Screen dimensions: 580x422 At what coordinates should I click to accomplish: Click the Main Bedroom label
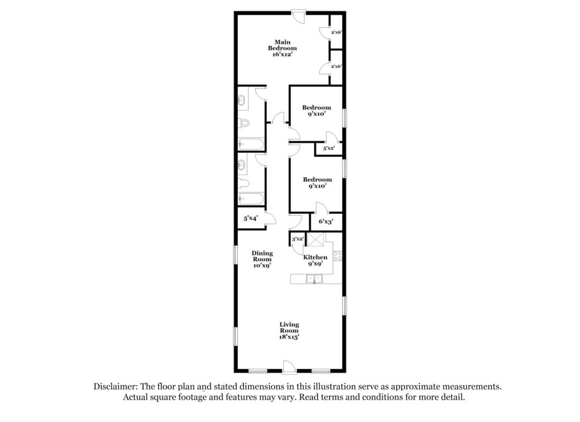click(x=282, y=45)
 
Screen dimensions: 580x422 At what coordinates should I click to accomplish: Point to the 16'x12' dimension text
click(x=282, y=54)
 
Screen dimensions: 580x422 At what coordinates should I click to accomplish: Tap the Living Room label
click(x=289, y=328)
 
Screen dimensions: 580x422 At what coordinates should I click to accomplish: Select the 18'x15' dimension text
click(x=289, y=337)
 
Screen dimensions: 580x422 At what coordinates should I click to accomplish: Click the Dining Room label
click(x=262, y=256)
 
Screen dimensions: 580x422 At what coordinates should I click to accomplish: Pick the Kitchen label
click(x=315, y=257)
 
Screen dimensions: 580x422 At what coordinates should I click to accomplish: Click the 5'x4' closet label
click(x=250, y=218)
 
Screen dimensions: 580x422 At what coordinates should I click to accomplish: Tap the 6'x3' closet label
click(x=326, y=221)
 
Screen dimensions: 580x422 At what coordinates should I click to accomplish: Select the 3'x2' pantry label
click(x=297, y=239)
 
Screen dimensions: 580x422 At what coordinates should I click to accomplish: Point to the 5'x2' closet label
click(x=329, y=148)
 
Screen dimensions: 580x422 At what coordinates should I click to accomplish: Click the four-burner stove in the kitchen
click(x=338, y=256)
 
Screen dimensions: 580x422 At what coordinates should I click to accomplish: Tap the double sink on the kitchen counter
click(x=314, y=279)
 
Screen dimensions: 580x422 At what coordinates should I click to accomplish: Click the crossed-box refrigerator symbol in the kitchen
click(x=316, y=239)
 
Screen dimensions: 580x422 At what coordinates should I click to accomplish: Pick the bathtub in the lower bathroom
click(x=251, y=199)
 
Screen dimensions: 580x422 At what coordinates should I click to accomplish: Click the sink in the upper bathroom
click(x=241, y=100)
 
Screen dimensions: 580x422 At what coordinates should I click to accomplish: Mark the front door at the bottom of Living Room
click(x=289, y=366)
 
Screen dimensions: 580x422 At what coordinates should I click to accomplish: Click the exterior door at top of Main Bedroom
click(x=298, y=16)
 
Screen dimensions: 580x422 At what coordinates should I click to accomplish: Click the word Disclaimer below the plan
click(x=116, y=386)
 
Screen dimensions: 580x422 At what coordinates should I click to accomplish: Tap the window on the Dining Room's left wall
click(x=235, y=255)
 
